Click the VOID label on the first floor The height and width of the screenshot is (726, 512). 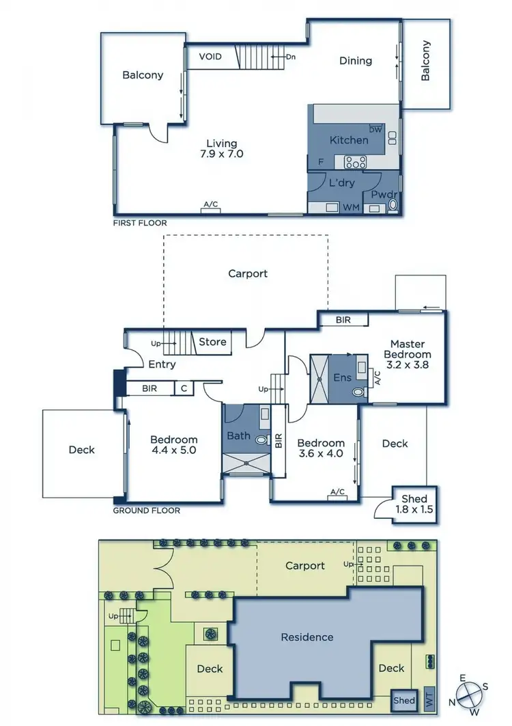(210, 56)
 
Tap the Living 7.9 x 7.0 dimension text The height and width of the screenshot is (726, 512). (222, 148)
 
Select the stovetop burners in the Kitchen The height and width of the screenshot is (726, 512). (355, 162)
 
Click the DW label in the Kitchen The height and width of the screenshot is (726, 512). (375, 129)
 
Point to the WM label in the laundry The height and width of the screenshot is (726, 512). (351, 207)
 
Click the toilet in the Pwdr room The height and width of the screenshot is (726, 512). (393, 206)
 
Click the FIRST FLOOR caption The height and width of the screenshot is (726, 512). (140, 223)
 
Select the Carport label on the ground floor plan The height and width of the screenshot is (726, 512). (247, 273)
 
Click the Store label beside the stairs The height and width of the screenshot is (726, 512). (212, 342)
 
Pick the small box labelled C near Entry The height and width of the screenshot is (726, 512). (184, 388)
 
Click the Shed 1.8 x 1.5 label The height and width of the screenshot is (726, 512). (414, 504)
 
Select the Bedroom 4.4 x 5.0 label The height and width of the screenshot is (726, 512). (173, 445)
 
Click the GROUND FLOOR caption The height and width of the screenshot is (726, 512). (146, 511)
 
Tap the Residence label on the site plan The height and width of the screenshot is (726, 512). (307, 637)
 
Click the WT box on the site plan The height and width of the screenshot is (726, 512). (429, 698)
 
